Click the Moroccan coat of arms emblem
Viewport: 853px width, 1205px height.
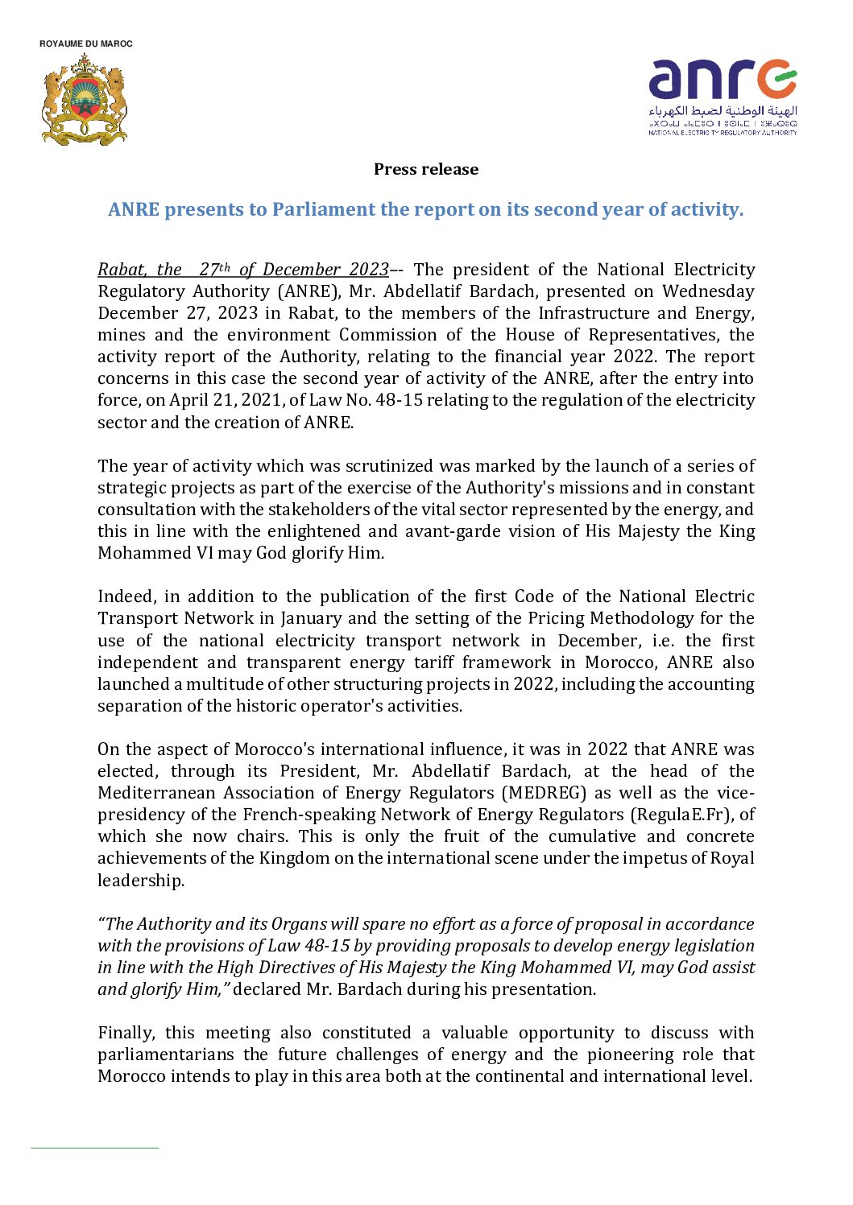click(85, 101)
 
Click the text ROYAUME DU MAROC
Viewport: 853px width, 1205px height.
click(86, 43)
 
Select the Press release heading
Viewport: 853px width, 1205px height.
click(426, 170)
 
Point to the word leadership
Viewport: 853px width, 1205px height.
click(140, 881)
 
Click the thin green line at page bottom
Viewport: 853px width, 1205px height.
click(94, 1148)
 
